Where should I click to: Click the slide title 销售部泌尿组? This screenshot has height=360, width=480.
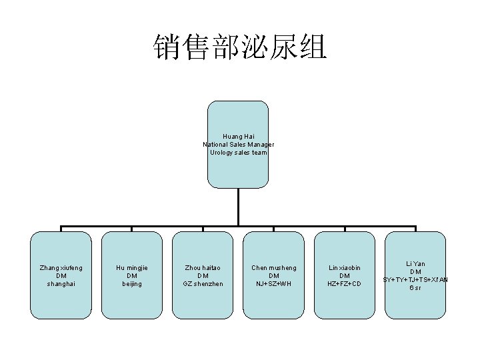coord(240,47)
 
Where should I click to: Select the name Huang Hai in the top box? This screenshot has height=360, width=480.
coord(238,137)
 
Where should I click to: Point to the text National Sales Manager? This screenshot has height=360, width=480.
coord(238,145)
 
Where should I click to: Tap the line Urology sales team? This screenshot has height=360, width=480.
coord(238,153)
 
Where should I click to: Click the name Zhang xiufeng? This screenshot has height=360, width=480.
coord(61,268)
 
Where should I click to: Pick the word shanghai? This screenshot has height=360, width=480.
coord(61,284)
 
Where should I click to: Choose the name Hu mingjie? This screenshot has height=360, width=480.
coord(131,268)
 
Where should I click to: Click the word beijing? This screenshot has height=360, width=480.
coord(131,284)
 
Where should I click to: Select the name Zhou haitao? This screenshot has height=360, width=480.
coord(203,268)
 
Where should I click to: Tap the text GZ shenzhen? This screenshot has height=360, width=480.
coord(203,284)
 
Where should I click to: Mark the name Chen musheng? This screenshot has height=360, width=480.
coord(273,268)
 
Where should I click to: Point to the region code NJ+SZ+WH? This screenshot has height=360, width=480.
coord(273,284)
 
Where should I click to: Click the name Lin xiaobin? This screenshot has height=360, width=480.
coord(344,268)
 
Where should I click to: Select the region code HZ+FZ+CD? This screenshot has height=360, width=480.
coord(344,284)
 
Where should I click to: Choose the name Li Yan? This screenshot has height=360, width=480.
coord(415,264)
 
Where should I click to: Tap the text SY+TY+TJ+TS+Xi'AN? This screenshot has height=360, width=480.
coord(415,279)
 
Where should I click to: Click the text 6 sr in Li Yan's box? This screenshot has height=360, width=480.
coord(415,287)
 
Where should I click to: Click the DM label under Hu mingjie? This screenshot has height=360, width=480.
coord(131,276)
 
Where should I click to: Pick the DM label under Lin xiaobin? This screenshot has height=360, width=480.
coord(344,276)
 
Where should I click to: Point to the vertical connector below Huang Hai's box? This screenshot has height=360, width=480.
coord(238,207)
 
